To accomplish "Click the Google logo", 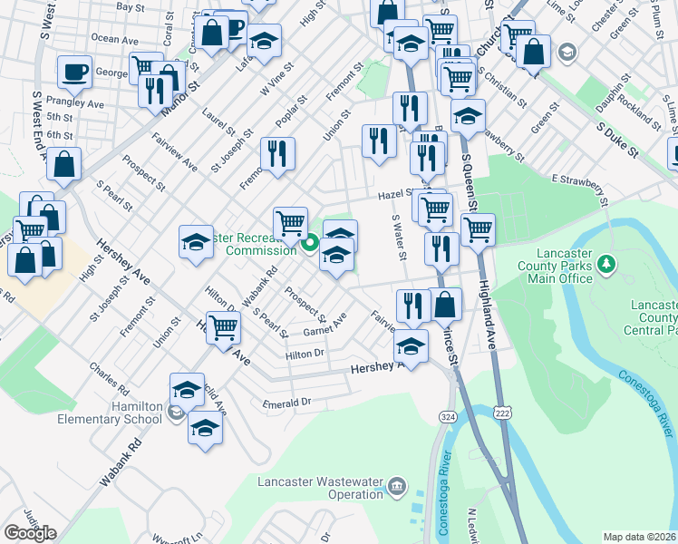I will coord(30,533).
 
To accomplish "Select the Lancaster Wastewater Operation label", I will coord(318,488).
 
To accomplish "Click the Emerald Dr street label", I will coord(286,402).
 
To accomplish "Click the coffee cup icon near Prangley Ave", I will coord(74,72).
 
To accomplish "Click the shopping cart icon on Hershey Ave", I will coord(223,327).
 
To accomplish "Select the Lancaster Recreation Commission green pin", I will coord(309,243).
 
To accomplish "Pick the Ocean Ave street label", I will coord(115,40).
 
